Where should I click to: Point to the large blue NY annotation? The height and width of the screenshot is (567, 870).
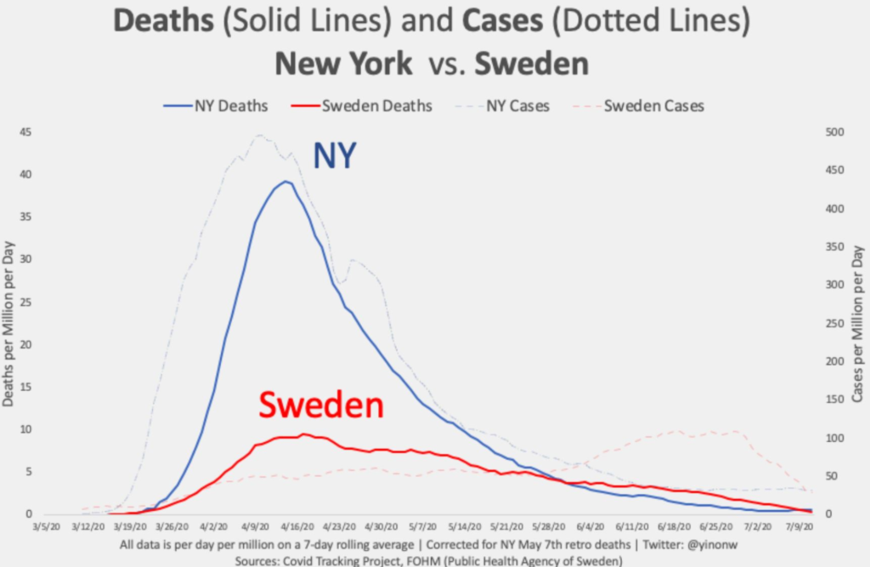click(x=336, y=156)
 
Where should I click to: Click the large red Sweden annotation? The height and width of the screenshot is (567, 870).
click(x=321, y=405)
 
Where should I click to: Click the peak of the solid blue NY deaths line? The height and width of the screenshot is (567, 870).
click(x=286, y=181)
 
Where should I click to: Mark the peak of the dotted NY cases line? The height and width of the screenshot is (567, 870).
click(x=258, y=134)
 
